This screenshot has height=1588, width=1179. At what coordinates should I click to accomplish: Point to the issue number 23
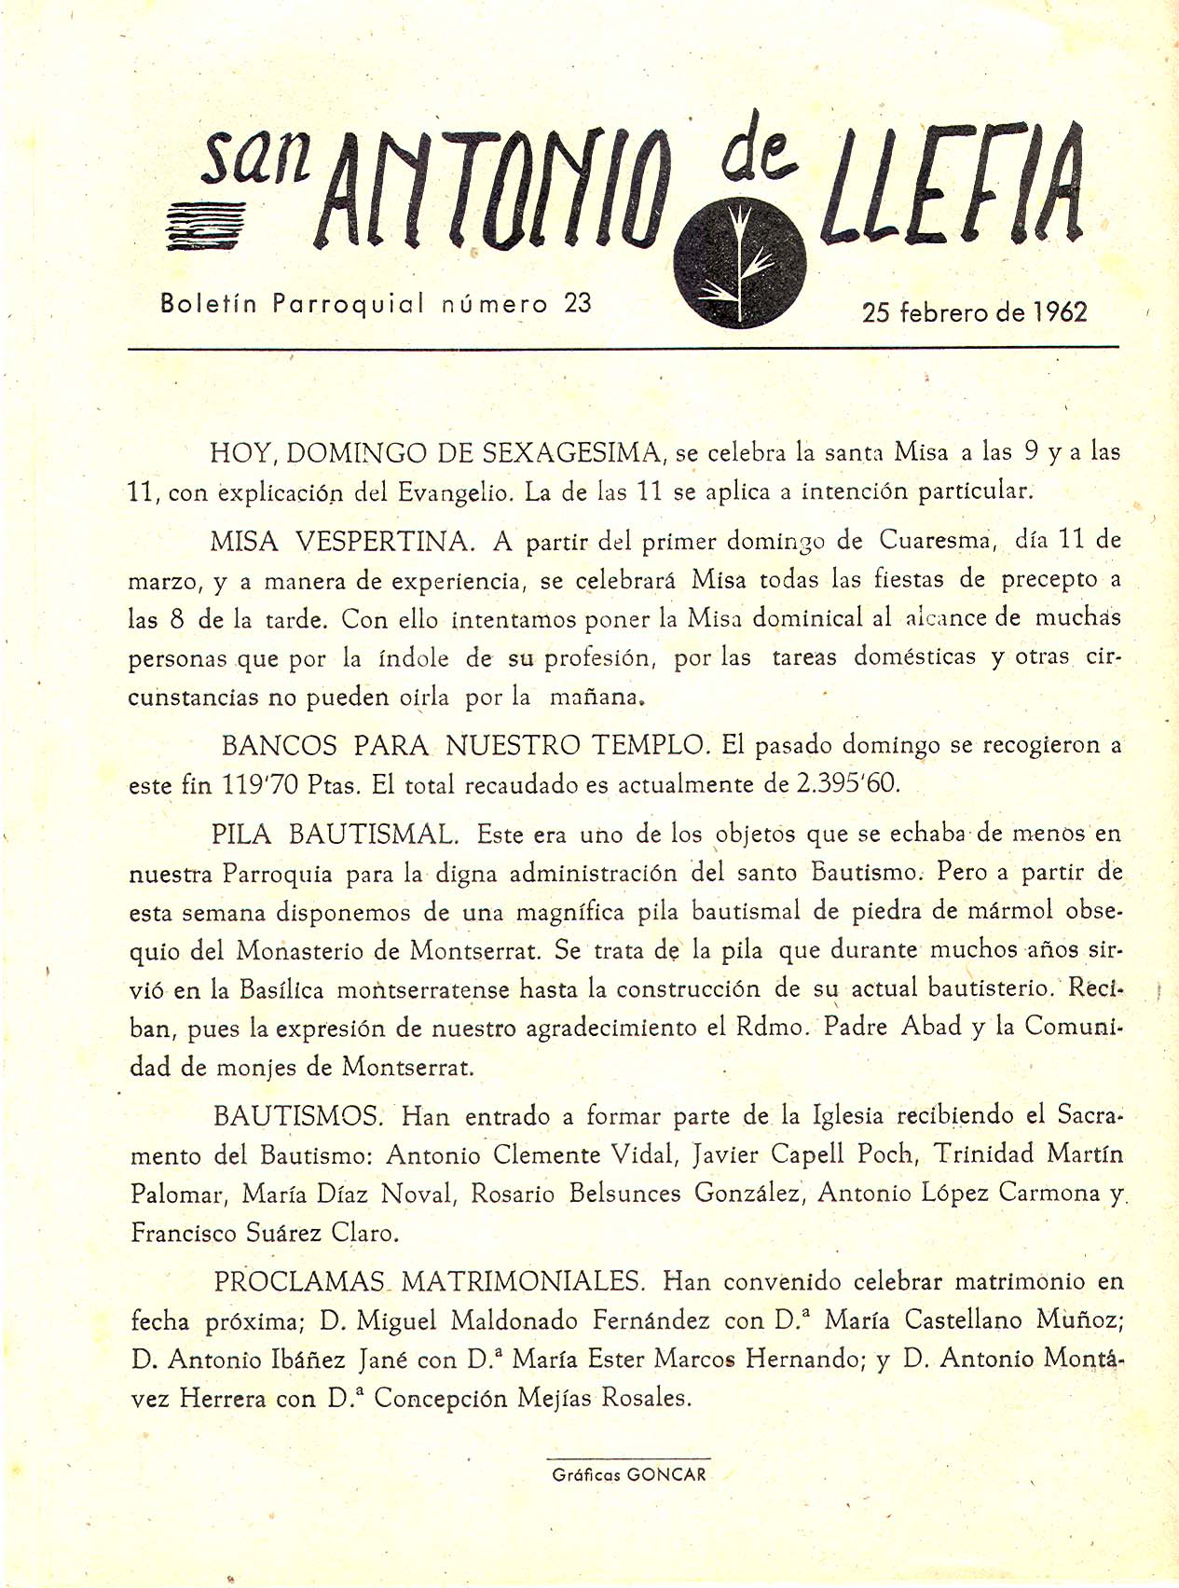click(578, 303)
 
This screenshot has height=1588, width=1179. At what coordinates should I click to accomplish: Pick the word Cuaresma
click(934, 540)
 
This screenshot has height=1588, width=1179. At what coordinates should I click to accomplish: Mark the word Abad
click(931, 1027)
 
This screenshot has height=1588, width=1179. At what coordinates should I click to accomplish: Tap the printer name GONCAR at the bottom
click(667, 1475)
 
